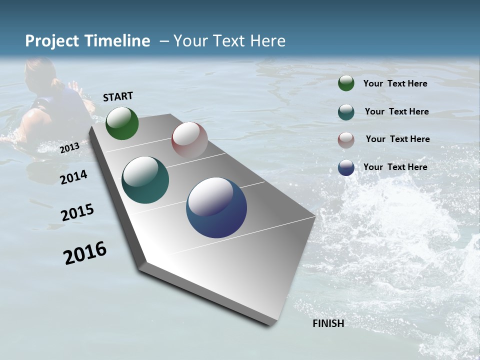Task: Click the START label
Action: point(118,96)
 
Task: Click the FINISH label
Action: point(328,323)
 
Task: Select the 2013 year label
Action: point(69,148)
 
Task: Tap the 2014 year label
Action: point(73,177)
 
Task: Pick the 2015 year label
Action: point(77,212)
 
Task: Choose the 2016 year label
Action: point(85,253)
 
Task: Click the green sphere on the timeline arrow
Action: point(122,123)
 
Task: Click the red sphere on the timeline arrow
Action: point(189,140)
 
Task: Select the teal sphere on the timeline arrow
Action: point(145,180)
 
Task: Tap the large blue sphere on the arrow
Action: point(216,207)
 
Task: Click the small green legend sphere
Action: point(346,83)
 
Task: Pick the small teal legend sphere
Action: point(346,111)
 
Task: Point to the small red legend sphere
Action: point(346,139)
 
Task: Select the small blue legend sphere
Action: point(346,167)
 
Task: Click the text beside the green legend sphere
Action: point(395,83)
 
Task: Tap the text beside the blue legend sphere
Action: point(395,167)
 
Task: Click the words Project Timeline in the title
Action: point(87,41)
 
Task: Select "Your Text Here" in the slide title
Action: point(229,41)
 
